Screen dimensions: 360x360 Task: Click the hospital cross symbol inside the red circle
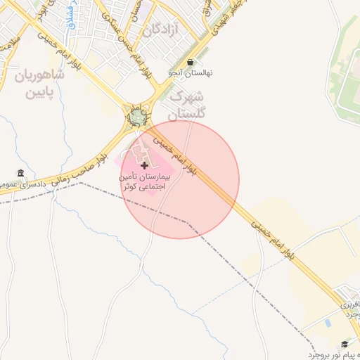[x=145, y=166]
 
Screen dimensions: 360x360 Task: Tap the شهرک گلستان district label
[x=187, y=104]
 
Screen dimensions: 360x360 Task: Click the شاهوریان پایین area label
[x=39, y=83]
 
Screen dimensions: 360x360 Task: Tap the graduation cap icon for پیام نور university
[x=345, y=344]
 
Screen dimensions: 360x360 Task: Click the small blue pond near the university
[x=328, y=323]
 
